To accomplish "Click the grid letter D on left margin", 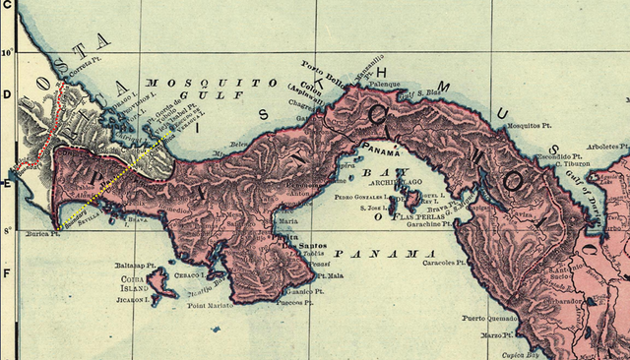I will pyautogui.click(x=6, y=95).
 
